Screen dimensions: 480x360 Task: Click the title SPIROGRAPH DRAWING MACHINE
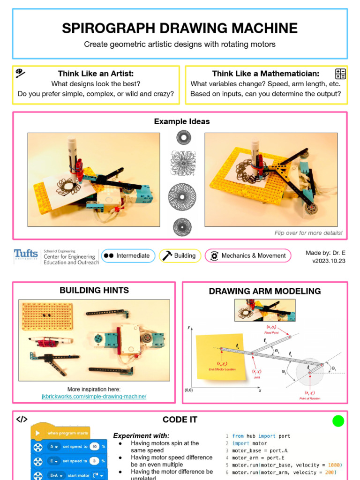[180, 29]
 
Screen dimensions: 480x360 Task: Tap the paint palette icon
[20, 73]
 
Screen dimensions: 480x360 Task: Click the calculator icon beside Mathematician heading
[340, 74]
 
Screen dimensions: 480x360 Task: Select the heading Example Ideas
[182, 121]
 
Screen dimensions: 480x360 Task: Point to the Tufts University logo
[26, 255]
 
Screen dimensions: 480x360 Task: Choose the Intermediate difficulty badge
[128, 255]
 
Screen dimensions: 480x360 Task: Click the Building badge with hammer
[180, 255]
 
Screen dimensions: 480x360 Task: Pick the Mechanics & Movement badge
[248, 255]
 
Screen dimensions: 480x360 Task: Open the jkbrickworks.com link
[94, 397]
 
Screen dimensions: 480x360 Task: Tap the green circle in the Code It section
[338, 421]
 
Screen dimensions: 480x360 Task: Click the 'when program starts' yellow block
[61, 433]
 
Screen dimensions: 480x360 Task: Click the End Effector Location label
[222, 369]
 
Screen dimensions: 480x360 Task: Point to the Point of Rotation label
[309, 398]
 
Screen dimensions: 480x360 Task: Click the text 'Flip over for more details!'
[308, 233]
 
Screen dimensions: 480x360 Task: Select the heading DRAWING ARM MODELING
[265, 291]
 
